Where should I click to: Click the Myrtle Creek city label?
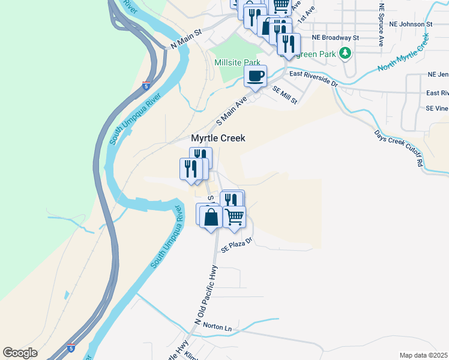[x=218, y=138]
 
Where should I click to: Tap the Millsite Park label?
[x=238, y=62]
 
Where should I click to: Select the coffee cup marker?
[x=255, y=76]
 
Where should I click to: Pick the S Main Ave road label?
[x=232, y=110]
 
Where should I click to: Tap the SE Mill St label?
[x=285, y=95]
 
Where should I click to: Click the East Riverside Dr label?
[x=314, y=79]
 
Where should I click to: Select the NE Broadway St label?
[x=335, y=37]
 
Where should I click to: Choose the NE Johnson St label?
[x=411, y=25]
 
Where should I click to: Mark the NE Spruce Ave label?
[x=381, y=24]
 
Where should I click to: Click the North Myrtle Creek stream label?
[x=404, y=53]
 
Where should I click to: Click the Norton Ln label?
[x=217, y=328]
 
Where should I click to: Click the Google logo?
[x=20, y=353]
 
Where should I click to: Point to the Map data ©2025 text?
[x=424, y=355]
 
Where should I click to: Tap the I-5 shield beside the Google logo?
[x=71, y=347]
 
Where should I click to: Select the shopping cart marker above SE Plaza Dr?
[x=234, y=217]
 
